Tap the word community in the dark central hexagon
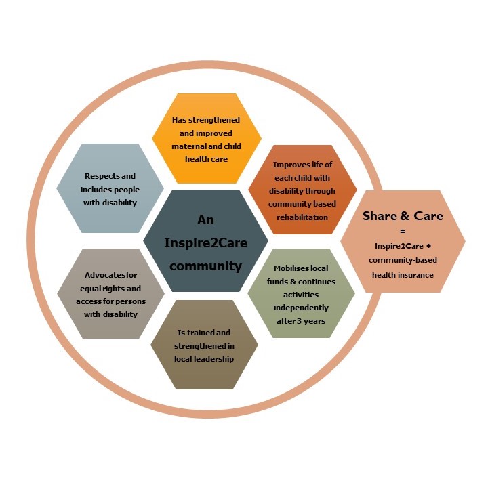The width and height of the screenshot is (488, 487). (206, 266)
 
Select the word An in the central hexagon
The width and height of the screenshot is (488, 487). (206, 220)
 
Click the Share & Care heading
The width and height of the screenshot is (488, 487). (403, 216)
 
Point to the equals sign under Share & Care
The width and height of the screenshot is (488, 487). (403, 231)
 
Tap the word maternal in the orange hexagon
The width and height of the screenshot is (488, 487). (187, 146)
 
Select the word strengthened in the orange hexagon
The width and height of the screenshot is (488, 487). (214, 120)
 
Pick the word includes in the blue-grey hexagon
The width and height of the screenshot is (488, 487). (96, 190)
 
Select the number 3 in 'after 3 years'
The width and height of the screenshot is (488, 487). (299, 321)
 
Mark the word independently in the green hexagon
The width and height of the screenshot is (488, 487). (301, 308)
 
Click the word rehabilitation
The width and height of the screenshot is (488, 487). (302, 217)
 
